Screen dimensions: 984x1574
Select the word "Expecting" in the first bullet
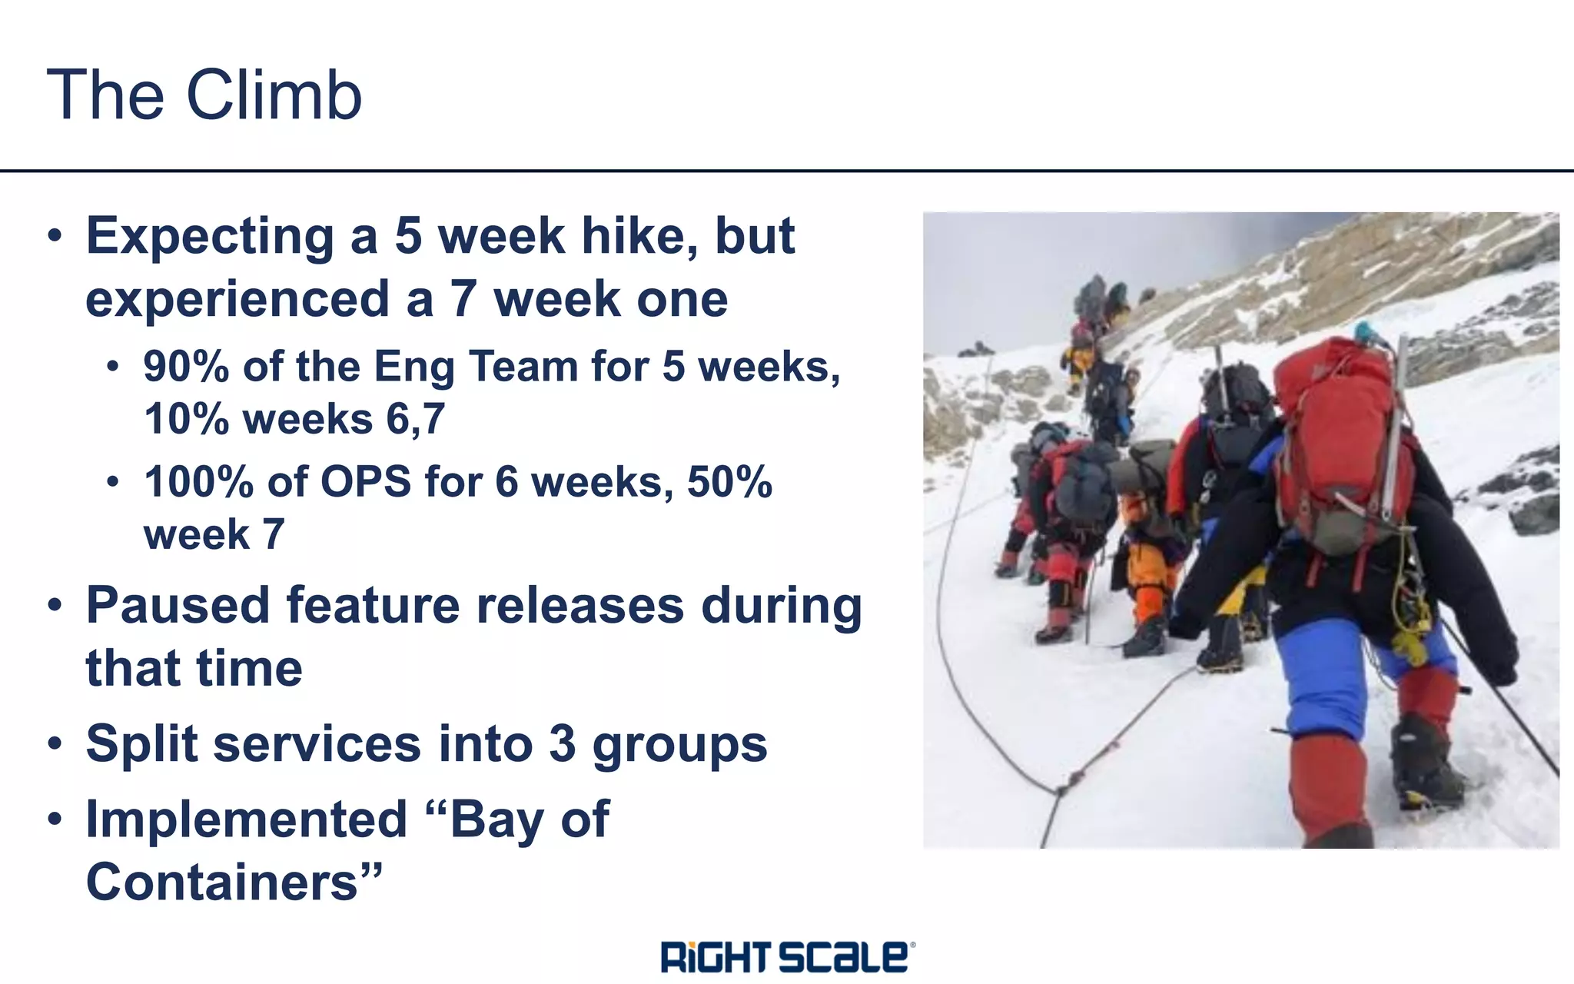[x=210, y=236]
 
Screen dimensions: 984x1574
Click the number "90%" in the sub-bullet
[x=186, y=366]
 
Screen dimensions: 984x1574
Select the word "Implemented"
[x=246, y=819]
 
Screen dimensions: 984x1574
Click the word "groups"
[x=679, y=744]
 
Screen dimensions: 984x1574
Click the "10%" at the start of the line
[x=186, y=420]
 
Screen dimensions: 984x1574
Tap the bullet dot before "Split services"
[x=55, y=744]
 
